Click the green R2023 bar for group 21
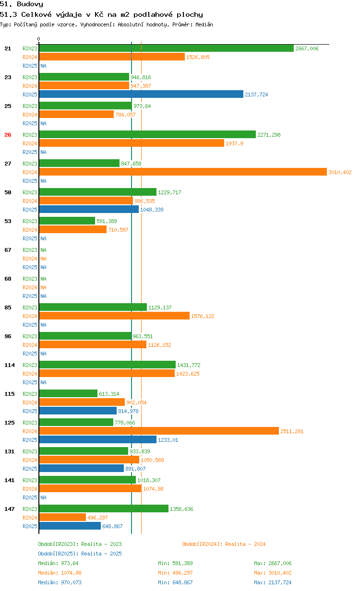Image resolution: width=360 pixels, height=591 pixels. tap(166, 48)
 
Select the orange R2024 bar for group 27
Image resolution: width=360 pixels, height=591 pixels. tap(183, 172)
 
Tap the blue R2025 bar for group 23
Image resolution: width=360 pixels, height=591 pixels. tap(141, 94)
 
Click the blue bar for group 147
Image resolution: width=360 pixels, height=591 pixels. tap(70, 526)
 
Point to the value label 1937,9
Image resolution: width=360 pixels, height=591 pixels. tap(234, 143)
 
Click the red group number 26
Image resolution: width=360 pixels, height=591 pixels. tap(8, 135)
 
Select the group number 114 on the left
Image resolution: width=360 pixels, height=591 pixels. tap(10, 365)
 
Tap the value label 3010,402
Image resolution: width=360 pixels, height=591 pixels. tap(340, 172)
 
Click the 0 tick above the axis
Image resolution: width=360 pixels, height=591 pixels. tap(39, 39)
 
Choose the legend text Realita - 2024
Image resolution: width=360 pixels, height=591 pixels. tap(245, 544)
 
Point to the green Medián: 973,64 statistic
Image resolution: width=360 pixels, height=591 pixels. tap(58, 563)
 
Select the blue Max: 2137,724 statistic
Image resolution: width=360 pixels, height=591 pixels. tap(273, 582)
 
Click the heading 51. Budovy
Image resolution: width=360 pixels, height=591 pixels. tap(22, 4)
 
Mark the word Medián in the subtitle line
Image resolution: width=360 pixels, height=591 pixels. tap(204, 24)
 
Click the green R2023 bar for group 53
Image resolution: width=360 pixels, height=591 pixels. tap(67, 221)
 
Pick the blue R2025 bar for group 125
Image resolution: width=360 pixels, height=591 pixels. tap(98, 439)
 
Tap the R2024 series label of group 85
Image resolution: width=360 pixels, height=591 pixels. tap(30, 316)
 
